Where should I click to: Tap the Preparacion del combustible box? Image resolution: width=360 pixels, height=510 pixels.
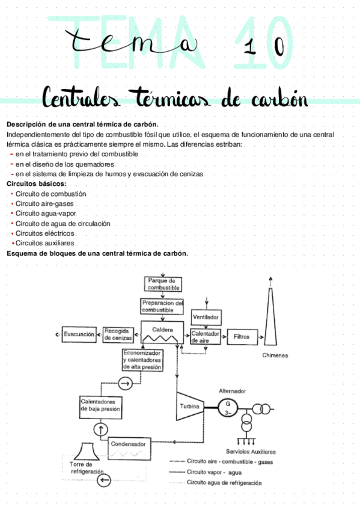click(x=162, y=306)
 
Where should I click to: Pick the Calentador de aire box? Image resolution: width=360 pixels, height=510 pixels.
click(x=206, y=337)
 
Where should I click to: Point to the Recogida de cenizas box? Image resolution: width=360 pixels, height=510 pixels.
click(x=118, y=334)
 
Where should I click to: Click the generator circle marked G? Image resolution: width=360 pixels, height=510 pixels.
click(x=228, y=404)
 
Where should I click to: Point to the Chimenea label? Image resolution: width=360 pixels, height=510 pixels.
click(x=275, y=355)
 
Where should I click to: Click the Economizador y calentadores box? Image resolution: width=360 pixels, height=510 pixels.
click(x=142, y=359)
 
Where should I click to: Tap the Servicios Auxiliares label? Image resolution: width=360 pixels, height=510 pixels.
click(x=251, y=451)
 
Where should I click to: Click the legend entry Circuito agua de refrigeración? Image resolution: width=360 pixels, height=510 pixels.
click(x=224, y=482)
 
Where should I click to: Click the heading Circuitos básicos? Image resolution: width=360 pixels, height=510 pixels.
click(x=36, y=184)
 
